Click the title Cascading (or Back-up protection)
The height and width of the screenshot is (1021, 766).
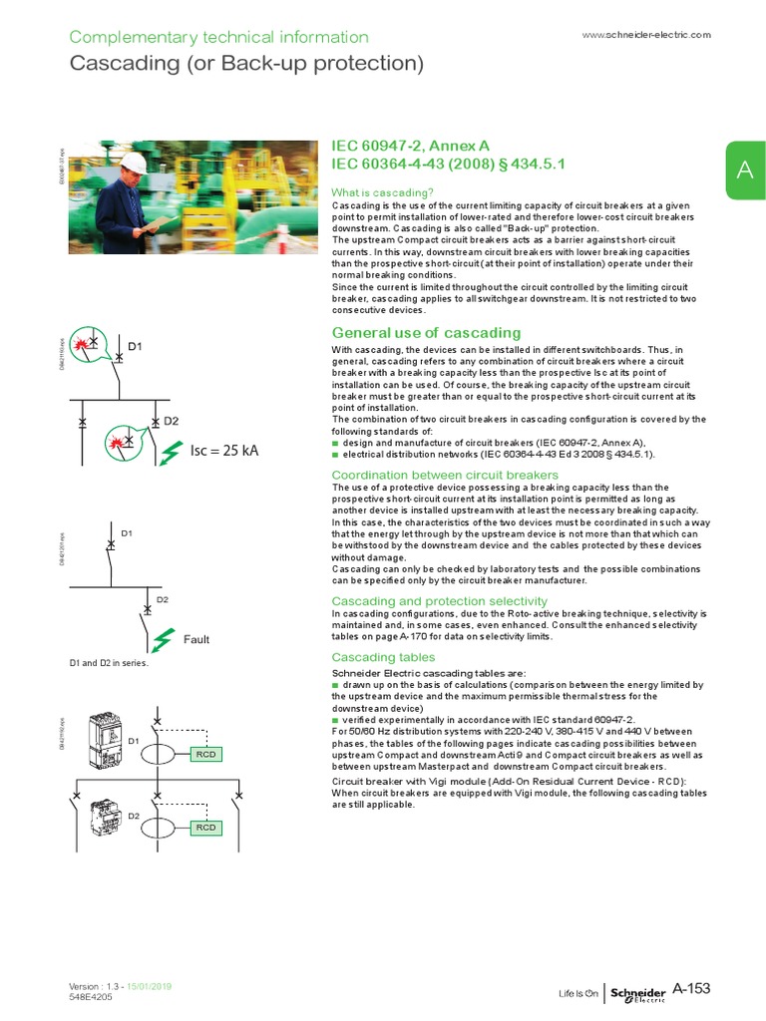[246, 65]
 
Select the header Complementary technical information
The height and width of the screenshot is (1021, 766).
[218, 37]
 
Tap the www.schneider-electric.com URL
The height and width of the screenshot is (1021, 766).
[645, 35]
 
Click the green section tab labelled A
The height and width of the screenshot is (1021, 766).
[744, 170]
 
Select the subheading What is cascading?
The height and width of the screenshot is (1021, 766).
[382, 191]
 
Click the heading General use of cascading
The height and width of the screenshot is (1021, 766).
[426, 332]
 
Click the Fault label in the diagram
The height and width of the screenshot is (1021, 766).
[195, 639]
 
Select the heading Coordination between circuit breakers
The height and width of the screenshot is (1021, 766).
[445, 475]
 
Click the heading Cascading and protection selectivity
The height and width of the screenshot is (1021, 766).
[439, 601]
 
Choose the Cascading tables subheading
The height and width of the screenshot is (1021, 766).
[383, 657]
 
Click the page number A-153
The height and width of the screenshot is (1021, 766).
[691, 988]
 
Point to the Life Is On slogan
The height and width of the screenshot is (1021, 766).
[577, 993]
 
